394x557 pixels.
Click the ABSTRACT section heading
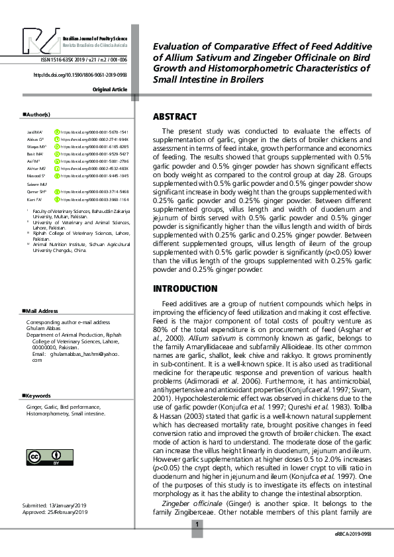pyautogui.click(x=175, y=117)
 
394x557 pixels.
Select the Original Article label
pyautogui.click(x=110, y=89)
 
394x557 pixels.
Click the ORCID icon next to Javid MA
pyautogui.click(x=56, y=132)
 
